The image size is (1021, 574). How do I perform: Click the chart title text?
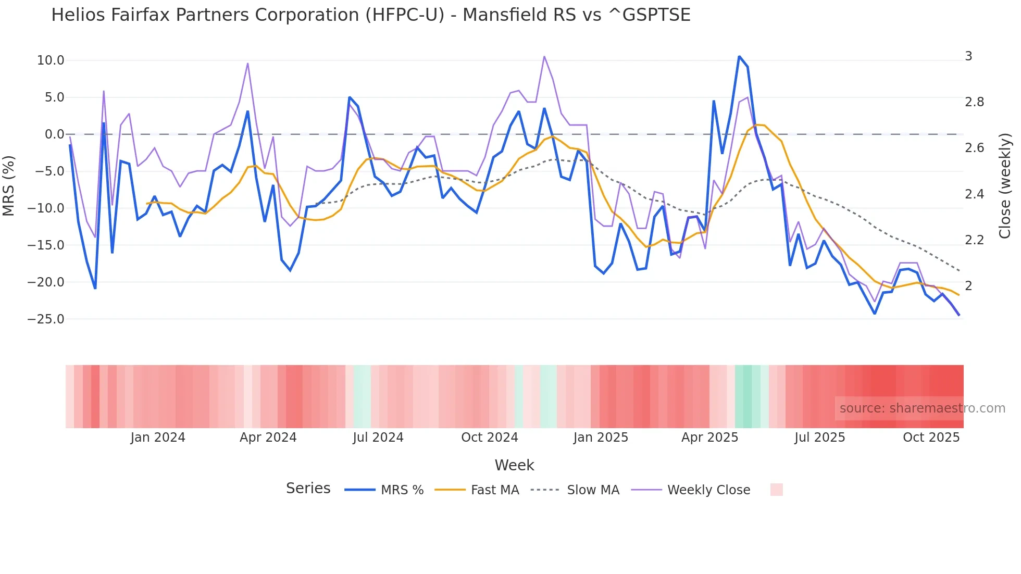370,15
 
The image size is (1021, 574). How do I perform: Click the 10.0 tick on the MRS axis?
51,60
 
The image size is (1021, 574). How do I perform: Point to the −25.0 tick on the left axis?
46,319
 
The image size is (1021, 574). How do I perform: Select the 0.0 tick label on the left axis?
54,134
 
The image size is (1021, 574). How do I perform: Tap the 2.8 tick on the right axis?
974,102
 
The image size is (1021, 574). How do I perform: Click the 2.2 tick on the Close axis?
974,240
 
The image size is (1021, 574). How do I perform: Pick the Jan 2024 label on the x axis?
157,438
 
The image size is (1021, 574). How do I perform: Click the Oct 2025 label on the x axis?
931,438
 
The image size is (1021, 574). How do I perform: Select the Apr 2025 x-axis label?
709,438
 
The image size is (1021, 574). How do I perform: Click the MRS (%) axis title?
9,185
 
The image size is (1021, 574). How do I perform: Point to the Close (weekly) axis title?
1005,185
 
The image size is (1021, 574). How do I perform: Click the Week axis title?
514,465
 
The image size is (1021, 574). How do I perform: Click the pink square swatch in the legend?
776,490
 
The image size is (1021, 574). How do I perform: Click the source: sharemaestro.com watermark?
922,408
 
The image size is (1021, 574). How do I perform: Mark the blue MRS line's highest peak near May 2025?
739,56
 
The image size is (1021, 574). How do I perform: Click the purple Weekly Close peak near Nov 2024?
544,56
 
